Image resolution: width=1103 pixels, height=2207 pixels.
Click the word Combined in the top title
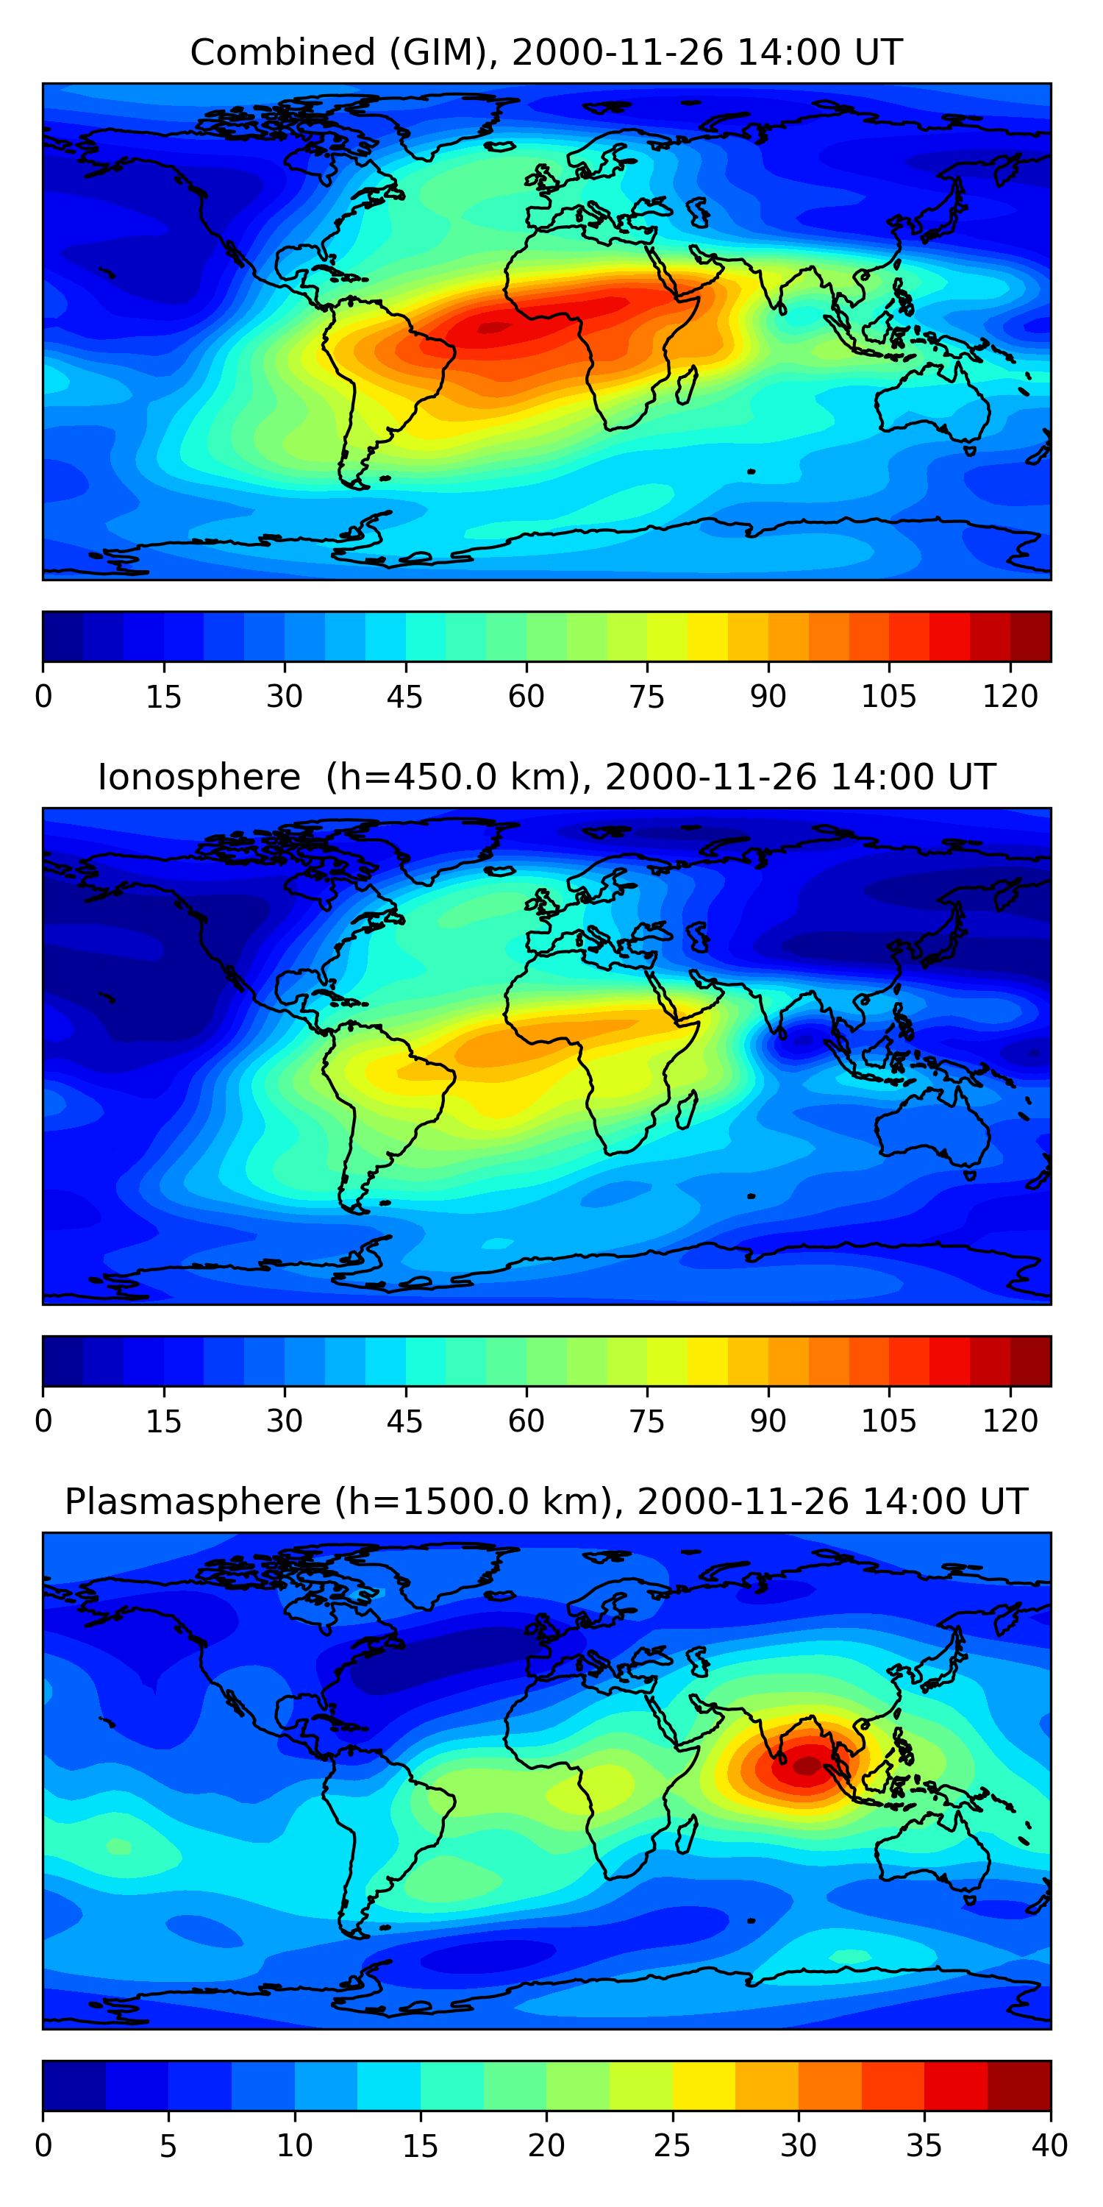[282, 52]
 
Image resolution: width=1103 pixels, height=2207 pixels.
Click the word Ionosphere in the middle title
[199, 777]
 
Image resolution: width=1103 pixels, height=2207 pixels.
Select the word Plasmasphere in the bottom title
[193, 1503]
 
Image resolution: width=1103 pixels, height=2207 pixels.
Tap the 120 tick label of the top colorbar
[1010, 697]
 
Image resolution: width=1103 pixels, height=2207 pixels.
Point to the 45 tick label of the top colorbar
[405, 697]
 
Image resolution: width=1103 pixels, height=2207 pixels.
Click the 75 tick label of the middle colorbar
[646, 1421]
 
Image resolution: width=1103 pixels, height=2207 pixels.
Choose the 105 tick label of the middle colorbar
[889, 1421]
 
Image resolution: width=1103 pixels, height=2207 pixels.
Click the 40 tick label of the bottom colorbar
[1050, 2146]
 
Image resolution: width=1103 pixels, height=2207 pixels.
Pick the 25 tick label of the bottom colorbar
[672, 2146]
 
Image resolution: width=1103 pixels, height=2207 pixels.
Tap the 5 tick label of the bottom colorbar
[168, 2146]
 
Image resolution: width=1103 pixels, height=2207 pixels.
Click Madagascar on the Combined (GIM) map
[687, 385]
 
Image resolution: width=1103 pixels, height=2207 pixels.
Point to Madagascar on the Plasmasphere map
[687, 1835]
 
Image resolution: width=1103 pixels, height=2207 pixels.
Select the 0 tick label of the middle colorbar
[43, 1421]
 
